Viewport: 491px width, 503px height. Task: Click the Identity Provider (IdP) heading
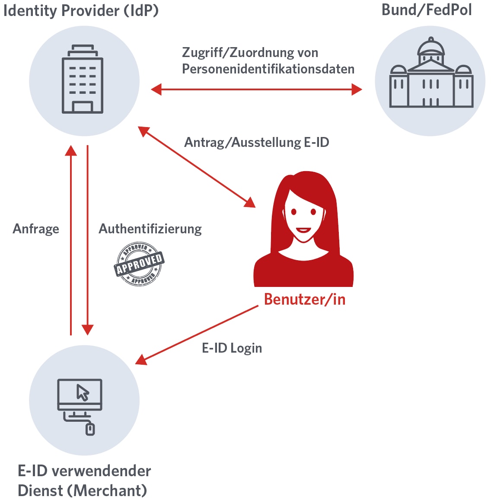pyautogui.click(x=81, y=11)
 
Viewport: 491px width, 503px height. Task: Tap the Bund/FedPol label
pyautogui.click(x=426, y=10)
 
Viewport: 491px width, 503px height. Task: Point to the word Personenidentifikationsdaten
pyautogui.click(x=268, y=69)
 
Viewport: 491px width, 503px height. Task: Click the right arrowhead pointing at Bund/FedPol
pyautogui.click(x=357, y=89)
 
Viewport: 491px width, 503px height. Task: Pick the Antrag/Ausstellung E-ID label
pyautogui.click(x=257, y=142)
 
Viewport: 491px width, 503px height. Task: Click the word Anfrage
pyautogui.click(x=36, y=229)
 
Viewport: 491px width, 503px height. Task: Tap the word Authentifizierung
pyautogui.click(x=150, y=229)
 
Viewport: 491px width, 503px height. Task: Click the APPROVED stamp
pyautogui.click(x=139, y=264)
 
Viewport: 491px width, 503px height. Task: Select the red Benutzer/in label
pyautogui.click(x=305, y=299)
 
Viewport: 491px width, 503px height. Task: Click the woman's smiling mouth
pyautogui.click(x=303, y=230)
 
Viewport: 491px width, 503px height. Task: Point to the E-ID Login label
pyautogui.click(x=232, y=348)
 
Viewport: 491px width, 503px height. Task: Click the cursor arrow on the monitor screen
pyautogui.click(x=82, y=392)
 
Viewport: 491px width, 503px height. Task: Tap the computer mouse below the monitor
pyautogui.click(x=90, y=429)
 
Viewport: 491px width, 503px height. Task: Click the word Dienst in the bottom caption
pyautogui.click(x=41, y=490)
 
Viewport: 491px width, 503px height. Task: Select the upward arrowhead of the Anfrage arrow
pyautogui.click(x=71, y=150)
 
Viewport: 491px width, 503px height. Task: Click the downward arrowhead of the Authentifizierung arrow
pyautogui.click(x=88, y=330)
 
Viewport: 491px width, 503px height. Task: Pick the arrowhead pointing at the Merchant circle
pyautogui.click(x=141, y=360)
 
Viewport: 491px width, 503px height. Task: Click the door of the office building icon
pyautogui.click(x=82, y=107)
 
